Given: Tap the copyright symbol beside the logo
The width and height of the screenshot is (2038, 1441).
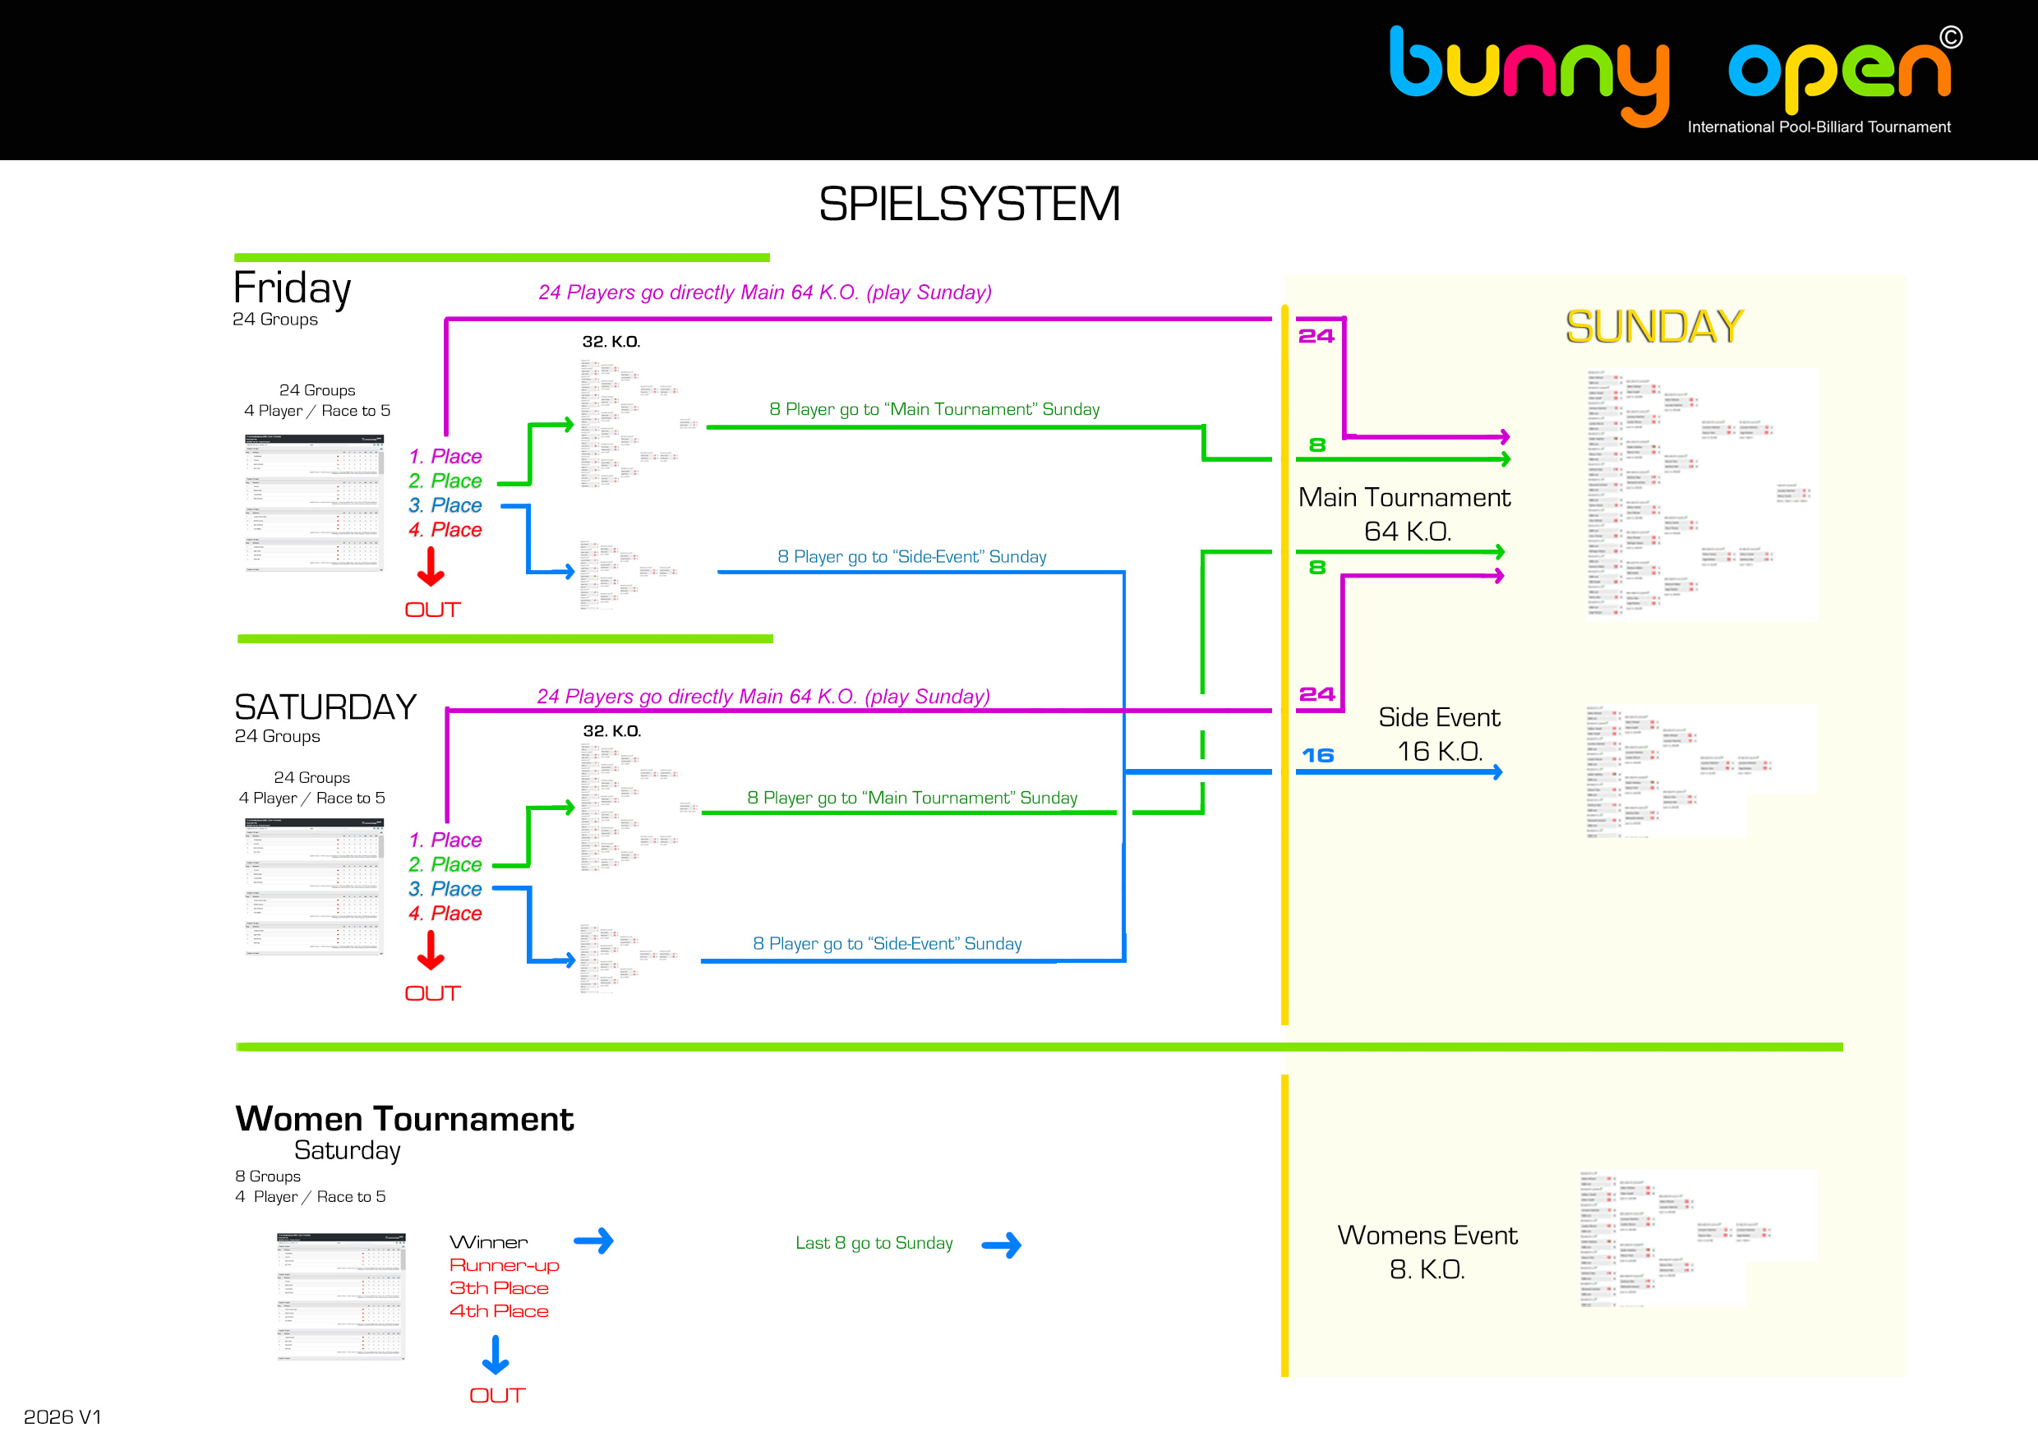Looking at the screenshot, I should click(1951, 37).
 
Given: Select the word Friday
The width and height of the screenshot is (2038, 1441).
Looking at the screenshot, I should click(292, 288).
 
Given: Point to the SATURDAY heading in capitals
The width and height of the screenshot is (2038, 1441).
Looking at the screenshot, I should click(325, 707).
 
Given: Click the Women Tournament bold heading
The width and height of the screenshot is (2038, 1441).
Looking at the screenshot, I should click(405, 1119).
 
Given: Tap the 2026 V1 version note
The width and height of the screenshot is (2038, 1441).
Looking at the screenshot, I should click(62, 1416).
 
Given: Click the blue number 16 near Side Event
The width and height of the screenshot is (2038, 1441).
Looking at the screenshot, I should click(1317, 755).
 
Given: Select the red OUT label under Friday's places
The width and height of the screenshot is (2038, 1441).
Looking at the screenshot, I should click(432, 610).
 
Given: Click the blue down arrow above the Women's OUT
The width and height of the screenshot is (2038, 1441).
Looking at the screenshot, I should click(496, 1355).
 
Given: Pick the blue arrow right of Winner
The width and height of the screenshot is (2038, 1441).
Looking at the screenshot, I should click(594, 1241).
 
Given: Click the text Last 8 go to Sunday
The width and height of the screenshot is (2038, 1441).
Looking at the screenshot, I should click(874, 1243).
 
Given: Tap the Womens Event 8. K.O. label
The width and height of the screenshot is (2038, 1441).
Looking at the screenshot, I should click(1427, 1252).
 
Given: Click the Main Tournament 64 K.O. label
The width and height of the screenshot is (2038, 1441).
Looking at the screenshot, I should click(1404, 513).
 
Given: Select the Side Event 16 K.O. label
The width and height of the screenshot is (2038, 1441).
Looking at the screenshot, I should click(1439, 734).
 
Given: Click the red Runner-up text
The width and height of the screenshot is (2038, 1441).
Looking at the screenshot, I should click(503, 1265).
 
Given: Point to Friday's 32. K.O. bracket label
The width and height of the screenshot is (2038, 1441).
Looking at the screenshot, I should click(611, 342).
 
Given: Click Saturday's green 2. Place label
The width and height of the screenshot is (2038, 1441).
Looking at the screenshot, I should click(445, 864).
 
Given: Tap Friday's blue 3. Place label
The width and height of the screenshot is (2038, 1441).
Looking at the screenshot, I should click(445, 505).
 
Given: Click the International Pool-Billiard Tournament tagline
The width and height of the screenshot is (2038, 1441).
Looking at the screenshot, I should click(1819, 127).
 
